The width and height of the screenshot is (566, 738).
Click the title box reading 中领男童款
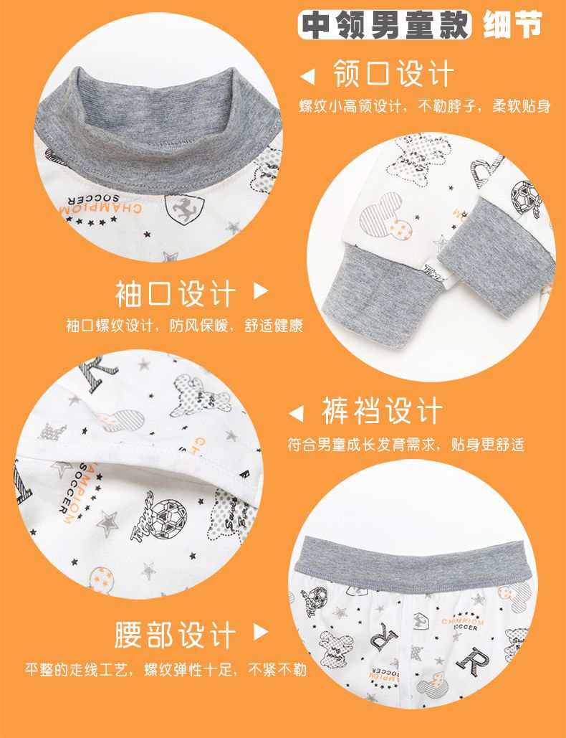[384, 25]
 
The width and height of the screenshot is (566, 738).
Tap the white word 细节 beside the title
[512, 24]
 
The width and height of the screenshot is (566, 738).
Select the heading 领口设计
[393, 74]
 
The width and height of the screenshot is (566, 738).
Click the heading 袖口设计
[176, 294]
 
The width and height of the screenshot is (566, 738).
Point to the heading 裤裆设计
[382, 411]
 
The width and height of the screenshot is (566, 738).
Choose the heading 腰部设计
[176, 635]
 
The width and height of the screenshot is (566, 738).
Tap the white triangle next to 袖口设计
[261, 291]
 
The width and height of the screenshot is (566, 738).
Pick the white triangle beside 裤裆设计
[296, 414]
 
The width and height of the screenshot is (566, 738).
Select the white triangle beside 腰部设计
[261, 632]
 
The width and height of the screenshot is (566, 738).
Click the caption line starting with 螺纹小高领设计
[425, 106]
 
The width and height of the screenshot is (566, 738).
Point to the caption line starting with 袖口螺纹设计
[185, 326]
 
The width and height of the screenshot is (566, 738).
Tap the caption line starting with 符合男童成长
[406, 445]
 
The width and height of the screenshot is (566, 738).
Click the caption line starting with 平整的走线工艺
[166, 669]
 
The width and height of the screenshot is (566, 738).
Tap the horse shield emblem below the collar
[185, 209]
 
